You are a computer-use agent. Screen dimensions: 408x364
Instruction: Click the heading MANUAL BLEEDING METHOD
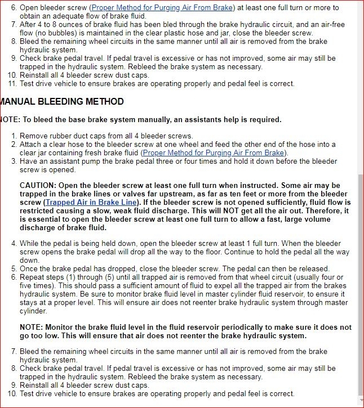tap(61, 102)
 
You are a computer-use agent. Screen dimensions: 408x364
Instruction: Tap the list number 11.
tap(13, 83)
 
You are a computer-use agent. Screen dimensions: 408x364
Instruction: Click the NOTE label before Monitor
tap(32, 327)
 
